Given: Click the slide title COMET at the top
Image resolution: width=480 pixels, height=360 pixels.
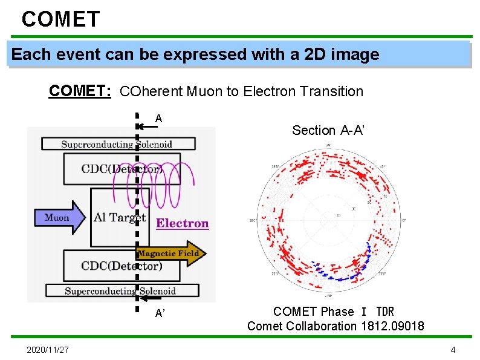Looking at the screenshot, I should click(x=60, y=19).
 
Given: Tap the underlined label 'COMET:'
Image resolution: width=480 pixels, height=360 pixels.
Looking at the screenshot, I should click(x=80, y=91).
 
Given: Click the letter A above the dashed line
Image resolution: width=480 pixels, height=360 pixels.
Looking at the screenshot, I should click(x=158, y=119).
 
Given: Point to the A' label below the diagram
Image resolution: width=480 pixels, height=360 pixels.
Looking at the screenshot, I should click(x=160, y=313).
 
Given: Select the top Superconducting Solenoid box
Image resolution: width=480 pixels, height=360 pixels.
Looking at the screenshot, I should click(x=118, y=144).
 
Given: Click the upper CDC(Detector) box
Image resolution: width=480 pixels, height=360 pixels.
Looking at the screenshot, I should click(x=121, y=169).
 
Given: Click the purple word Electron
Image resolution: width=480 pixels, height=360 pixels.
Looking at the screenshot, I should click(x=182, y=223).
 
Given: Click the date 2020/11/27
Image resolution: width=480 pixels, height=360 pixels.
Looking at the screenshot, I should click(x=48, y=350).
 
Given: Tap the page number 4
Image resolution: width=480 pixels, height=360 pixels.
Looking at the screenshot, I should click(x=453, y=350).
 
